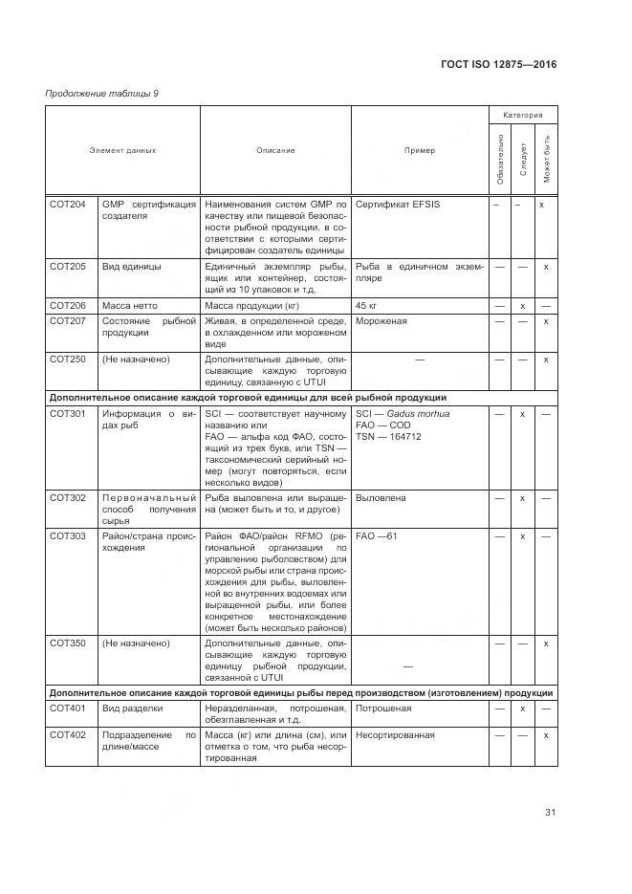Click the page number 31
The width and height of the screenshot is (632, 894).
(x=550, y=813)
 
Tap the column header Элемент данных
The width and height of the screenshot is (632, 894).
(x=122, y=150)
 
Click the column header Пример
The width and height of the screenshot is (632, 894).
(x=419, y=150)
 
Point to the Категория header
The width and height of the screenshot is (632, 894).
(x=523, y=114)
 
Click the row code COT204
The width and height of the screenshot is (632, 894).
(x=67, y=205)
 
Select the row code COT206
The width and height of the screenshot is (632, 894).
(x=67, y=305)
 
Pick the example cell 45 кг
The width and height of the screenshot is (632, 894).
(x=365, y=305)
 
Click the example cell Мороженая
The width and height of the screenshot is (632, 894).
(x=381, y=321)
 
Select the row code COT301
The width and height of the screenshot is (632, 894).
(x=67, y=414)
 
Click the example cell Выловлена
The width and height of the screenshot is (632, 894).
(x=381, y=498)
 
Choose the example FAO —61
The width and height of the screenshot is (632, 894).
(x=376, y=536)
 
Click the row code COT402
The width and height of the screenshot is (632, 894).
(x=67, y=735)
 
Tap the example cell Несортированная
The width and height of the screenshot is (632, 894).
(x=395, y=735)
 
